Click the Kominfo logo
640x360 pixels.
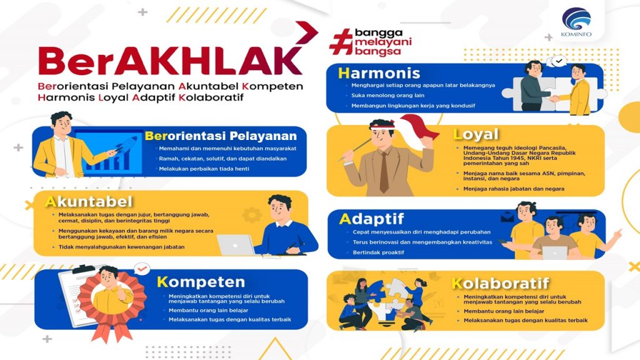(576, 22)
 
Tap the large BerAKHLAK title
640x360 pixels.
(170, 61)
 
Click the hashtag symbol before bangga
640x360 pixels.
(341, 42)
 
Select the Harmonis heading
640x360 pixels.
(379, 73)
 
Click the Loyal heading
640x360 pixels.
(476, 134)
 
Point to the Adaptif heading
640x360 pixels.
(371, 219)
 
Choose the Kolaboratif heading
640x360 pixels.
(501, 283)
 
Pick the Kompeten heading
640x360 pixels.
(201, 282)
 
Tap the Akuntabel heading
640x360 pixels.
(89, 202)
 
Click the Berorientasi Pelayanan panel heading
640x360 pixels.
(221, 136)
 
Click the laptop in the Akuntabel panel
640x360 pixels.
(236, 245)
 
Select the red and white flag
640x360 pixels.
(417, 131)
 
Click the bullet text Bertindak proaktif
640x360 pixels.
(378, 252)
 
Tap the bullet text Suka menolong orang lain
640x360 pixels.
(387, 96)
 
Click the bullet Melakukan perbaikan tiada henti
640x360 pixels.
(204, 169)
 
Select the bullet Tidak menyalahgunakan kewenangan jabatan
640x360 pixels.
(122, 247)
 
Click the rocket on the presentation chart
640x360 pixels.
(127, 144)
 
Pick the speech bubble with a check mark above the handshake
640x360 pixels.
(558, 62)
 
